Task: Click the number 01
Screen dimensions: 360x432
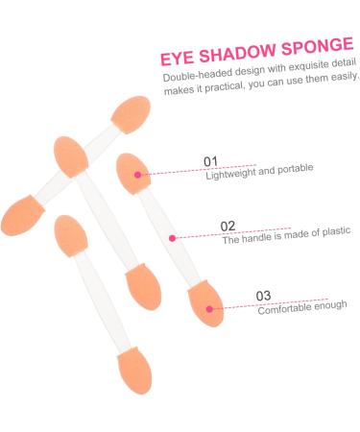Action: tap(211, 160)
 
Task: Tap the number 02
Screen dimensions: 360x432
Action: tap(228, 227)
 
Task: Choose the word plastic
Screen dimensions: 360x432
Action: tap(334, 231)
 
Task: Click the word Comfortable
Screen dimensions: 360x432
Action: tap(283, 308)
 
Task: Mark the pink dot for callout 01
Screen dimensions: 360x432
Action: tap(138, 175)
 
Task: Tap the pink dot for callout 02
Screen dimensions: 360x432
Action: tap(172, 237)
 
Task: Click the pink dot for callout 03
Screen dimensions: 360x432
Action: tap(210, 309)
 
